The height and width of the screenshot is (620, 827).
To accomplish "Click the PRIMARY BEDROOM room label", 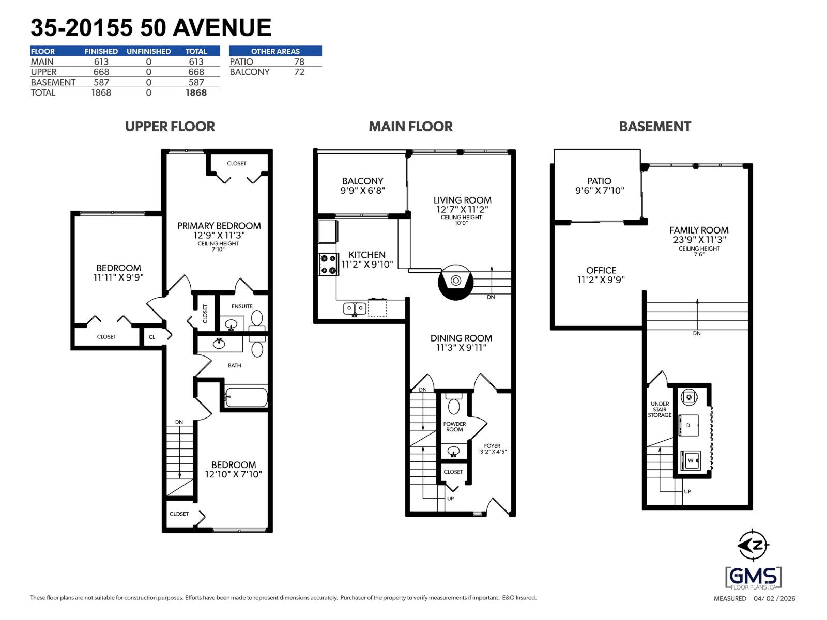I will pyautogui.click(x=219, y=226).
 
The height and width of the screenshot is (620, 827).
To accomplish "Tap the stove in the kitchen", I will pyautogui.click(x=328, y=264).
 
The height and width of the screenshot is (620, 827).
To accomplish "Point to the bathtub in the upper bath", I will pyautogui.click(x=246, y=397).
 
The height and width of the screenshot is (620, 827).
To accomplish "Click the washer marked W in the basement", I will pyautogui.click(x=690, y=460).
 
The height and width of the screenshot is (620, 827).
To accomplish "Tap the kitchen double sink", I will pyautogui.click(x=355, y=308).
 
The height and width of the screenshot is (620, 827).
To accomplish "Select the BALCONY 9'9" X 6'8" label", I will pyautogui.click(x=362, y=185).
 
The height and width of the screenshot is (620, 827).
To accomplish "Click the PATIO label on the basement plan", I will pyautogui.click(x=599, y=181).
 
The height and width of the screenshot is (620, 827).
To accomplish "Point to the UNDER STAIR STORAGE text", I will pyautogui.click(x=660, y=409).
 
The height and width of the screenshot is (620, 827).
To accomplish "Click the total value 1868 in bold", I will pyautogui.click(x=196, y=93).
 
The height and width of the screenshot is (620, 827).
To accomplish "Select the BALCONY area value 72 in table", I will pyautogui.click(x=299, y=72).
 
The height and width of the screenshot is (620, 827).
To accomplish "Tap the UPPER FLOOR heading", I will pyautogui.click(x=170, y=127).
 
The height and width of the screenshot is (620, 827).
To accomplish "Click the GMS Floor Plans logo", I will pyautogui.click(x=753, y=577).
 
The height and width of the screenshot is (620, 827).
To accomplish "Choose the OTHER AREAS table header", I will pyautogui.click(x=275, y=51).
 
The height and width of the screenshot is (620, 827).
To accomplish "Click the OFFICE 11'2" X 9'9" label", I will pyautogui.click(x=601, y=275).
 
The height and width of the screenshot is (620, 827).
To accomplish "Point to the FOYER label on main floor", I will pyautogui.click(x=492, y=446).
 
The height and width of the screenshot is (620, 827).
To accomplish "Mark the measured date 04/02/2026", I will pyautogui.click(x=774, y=599).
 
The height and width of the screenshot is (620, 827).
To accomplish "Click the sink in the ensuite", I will pyautogui.click(x=231, y=324).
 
